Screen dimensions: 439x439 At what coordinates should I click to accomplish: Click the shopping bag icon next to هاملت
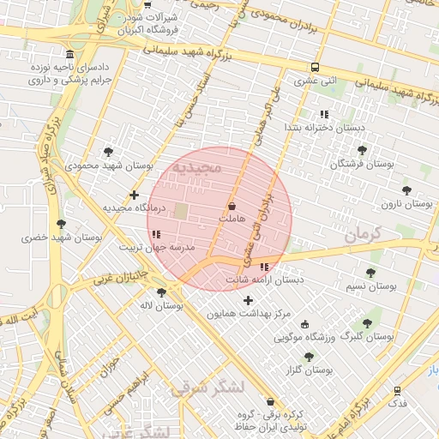click(232, 207)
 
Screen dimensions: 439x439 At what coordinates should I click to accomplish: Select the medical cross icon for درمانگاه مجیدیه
click(134, 195)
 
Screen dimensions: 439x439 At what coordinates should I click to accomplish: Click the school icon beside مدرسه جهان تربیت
click(155, 233)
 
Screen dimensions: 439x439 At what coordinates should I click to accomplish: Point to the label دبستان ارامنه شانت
click(265, 280)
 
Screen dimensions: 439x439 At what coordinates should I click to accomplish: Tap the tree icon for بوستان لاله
click(162, 292)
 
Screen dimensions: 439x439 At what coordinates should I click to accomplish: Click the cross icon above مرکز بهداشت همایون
click(249, 300)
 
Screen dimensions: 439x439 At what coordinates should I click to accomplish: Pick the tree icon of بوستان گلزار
click(309, 357)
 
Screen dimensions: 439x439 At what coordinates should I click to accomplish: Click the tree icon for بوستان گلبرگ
click(368, 323)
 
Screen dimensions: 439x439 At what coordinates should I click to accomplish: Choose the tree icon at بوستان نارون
click(406, 190)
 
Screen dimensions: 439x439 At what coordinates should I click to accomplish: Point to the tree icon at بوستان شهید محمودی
click(107, 151)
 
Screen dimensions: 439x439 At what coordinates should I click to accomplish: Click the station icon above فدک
click(397, 390)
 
